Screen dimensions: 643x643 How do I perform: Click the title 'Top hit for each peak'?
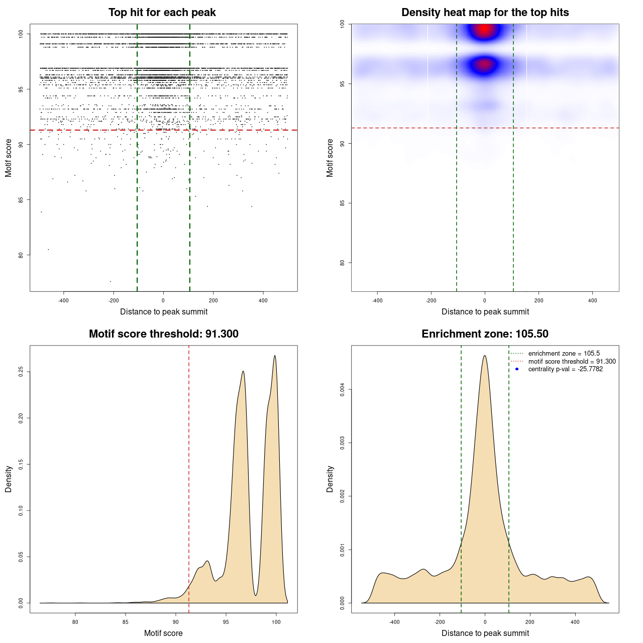click(162, 13)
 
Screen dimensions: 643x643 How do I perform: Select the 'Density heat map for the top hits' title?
click(485, 13)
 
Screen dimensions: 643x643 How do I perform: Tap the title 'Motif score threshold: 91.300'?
click(163, 334)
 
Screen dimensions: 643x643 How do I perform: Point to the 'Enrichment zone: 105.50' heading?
click(485, 334)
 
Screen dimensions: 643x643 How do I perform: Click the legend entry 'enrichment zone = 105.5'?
click(564, 354)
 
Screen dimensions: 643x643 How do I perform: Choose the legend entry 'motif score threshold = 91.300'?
click(572, 362)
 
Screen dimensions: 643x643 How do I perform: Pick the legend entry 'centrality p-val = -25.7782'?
click(565, 369)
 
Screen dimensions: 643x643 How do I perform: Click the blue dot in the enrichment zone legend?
click(517, 369)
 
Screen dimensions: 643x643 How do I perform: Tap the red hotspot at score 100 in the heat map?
click(484, 30)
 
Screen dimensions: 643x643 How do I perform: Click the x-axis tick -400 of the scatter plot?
click(64, 301)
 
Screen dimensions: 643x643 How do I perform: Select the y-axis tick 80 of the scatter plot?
click(21, 255)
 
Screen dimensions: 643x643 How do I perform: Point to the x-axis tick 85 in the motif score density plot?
click(126, 622)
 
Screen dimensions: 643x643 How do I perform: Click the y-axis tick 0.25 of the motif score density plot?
click(21, 372)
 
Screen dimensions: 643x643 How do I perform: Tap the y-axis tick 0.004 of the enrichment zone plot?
click(343, 389)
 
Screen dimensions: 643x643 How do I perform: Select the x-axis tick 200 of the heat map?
click(539, 301)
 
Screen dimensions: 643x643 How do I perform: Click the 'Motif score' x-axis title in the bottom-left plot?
click(163, 633)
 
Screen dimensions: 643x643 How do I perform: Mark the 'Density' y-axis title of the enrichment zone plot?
click(330, 479)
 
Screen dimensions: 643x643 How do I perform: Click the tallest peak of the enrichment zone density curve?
click(485, 356)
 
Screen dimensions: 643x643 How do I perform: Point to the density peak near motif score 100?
click(275, 356)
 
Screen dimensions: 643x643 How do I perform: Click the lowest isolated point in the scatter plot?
click(111, 281)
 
